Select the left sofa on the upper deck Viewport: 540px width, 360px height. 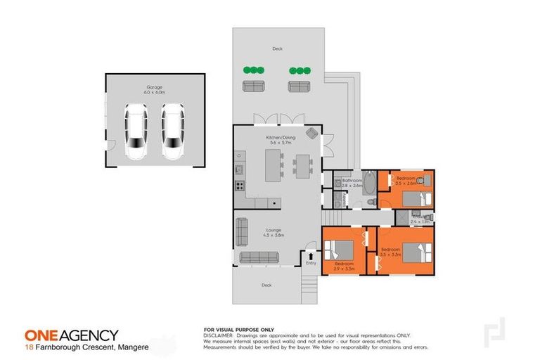tap(254, 86)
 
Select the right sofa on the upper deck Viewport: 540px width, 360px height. tap(299, 86)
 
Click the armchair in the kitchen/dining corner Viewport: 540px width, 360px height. tap(311, 134)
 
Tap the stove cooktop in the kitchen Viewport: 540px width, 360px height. tap(239, 187)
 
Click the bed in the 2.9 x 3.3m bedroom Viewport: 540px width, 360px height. tap(339, 251)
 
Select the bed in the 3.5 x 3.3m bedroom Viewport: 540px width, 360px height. tap(418, 250)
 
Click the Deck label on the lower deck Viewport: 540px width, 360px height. tap(266, 285)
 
